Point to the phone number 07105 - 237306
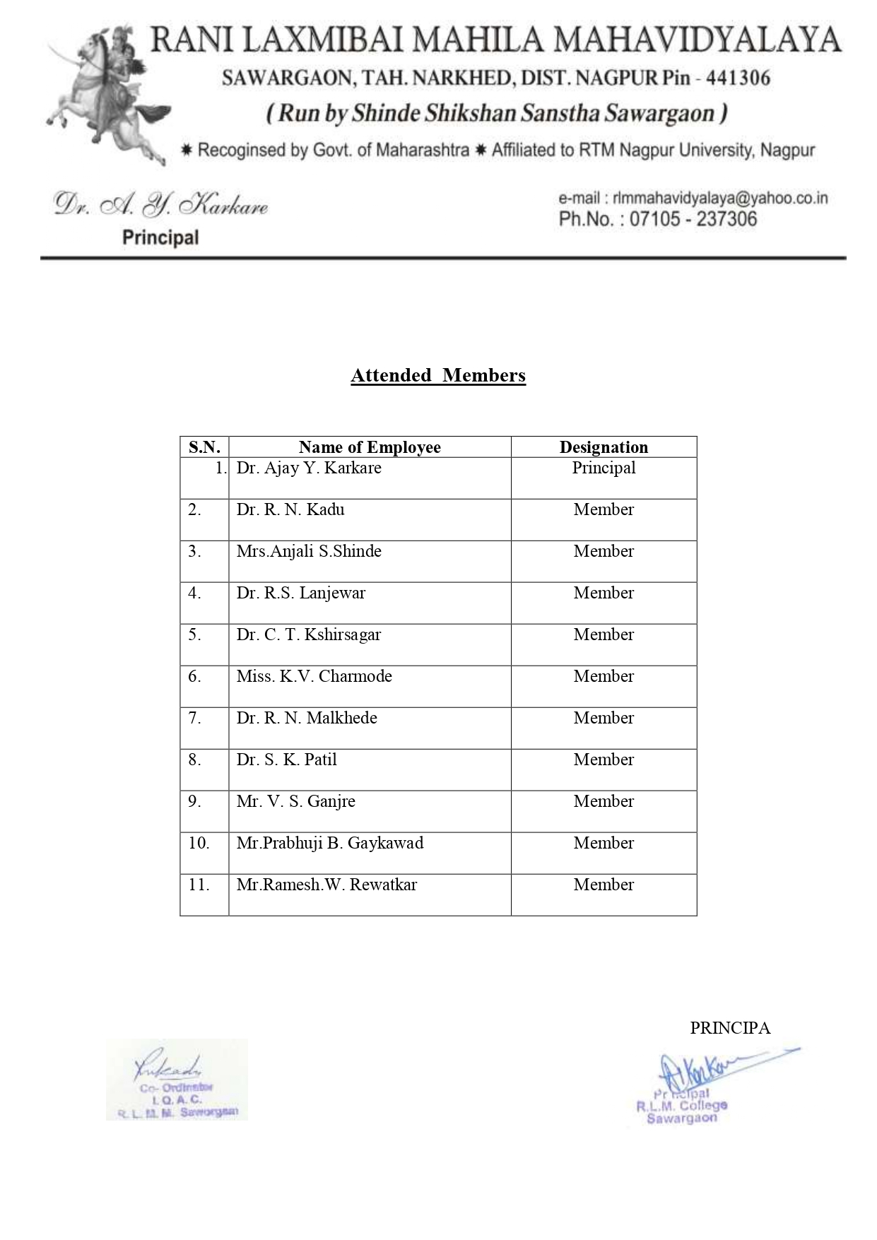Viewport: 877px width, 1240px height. [x=693, y=219]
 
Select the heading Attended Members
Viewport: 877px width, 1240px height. [x=438, y=375]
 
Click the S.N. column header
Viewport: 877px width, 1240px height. [x=204, y=447]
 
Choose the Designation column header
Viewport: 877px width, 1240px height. [x=604, y=447]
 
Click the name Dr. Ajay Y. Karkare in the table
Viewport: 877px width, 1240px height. [x=309, y=468]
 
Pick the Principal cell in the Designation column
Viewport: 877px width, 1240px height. [x=604, y=468]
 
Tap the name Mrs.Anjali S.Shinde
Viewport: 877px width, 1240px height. [x=309, y=552]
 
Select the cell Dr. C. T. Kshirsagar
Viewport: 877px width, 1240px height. [x=309, y=635]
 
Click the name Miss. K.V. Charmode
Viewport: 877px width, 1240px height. [x=314, y=677]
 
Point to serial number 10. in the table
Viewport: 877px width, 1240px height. [x=199, y=844]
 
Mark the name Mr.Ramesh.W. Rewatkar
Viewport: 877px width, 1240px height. [x=326, y=885]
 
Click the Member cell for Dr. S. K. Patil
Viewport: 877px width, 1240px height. [x=604, y=760]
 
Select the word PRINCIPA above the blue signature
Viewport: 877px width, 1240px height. [x=730, y=1028]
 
